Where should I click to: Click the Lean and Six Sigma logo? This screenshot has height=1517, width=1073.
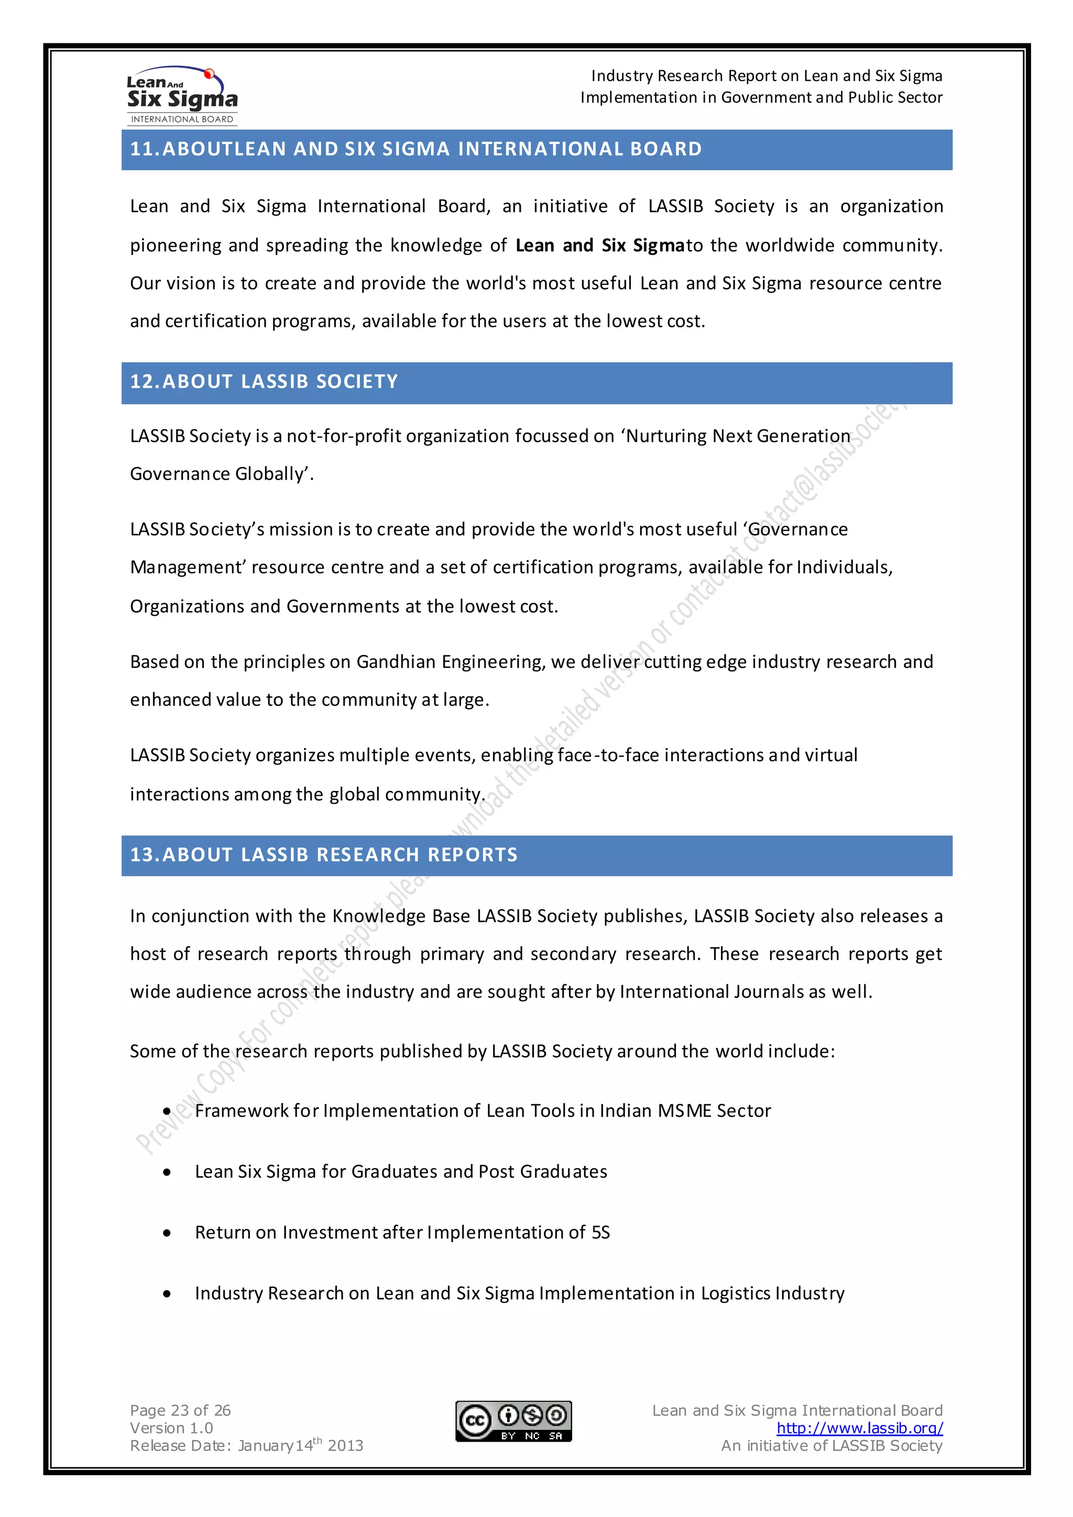182,96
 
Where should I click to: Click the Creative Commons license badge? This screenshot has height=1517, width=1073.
513,1420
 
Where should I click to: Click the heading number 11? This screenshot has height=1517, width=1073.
143,149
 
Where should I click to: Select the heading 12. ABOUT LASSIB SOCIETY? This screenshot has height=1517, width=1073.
264,382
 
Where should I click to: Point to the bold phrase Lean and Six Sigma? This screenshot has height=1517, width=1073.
600,246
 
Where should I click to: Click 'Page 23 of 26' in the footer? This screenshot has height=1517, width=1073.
180,1411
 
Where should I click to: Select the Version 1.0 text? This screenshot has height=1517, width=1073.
171,1428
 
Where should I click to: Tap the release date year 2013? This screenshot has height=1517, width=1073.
346,1446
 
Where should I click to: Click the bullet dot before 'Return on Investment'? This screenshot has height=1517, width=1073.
167,1233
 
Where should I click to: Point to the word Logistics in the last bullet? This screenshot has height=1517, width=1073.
735,1294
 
